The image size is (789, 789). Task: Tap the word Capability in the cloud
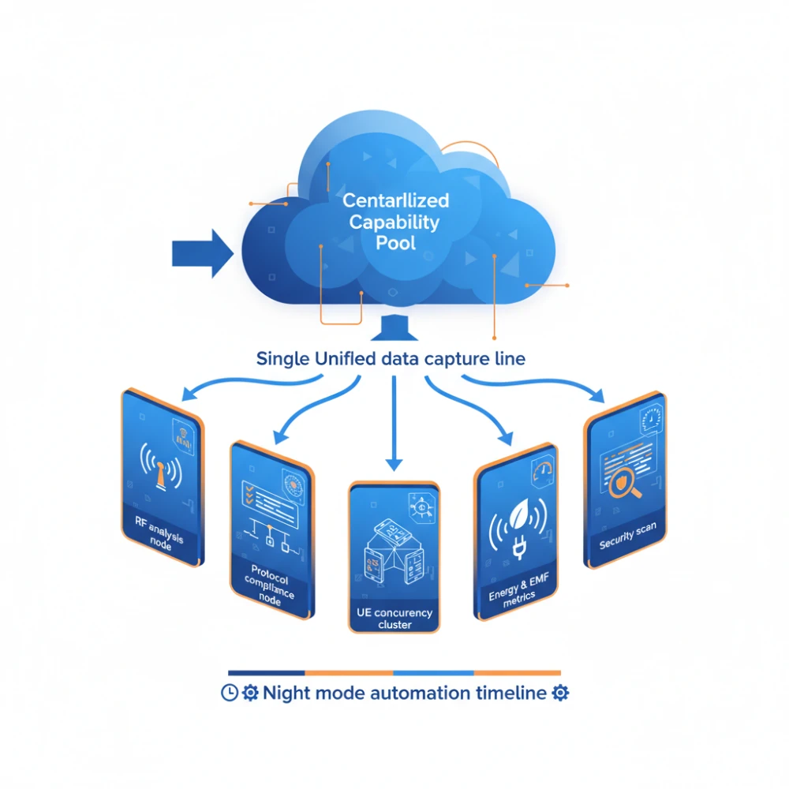[394, 222]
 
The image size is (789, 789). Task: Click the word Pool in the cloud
[394, 242]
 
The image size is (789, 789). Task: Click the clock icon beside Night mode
[229, 694]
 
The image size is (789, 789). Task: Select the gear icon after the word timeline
[561, 694]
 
